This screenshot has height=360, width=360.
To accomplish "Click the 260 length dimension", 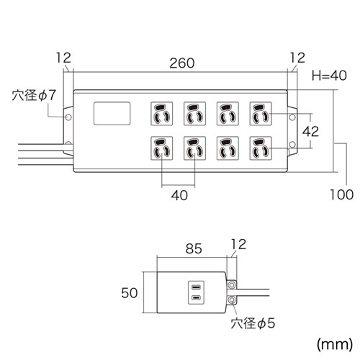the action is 182,63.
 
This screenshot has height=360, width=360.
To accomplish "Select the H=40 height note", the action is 329,76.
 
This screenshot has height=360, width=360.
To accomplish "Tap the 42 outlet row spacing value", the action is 310,131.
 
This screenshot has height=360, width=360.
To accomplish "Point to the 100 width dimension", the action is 342,194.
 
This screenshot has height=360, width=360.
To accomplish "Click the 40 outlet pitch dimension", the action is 179,195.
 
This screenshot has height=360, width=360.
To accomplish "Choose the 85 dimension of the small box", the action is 194,248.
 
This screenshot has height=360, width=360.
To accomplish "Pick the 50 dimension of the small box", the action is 130,293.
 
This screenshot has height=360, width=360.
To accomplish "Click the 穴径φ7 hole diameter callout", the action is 34,95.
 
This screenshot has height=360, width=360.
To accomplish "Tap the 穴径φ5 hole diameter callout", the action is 253,323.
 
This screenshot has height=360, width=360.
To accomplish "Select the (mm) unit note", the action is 335,344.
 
